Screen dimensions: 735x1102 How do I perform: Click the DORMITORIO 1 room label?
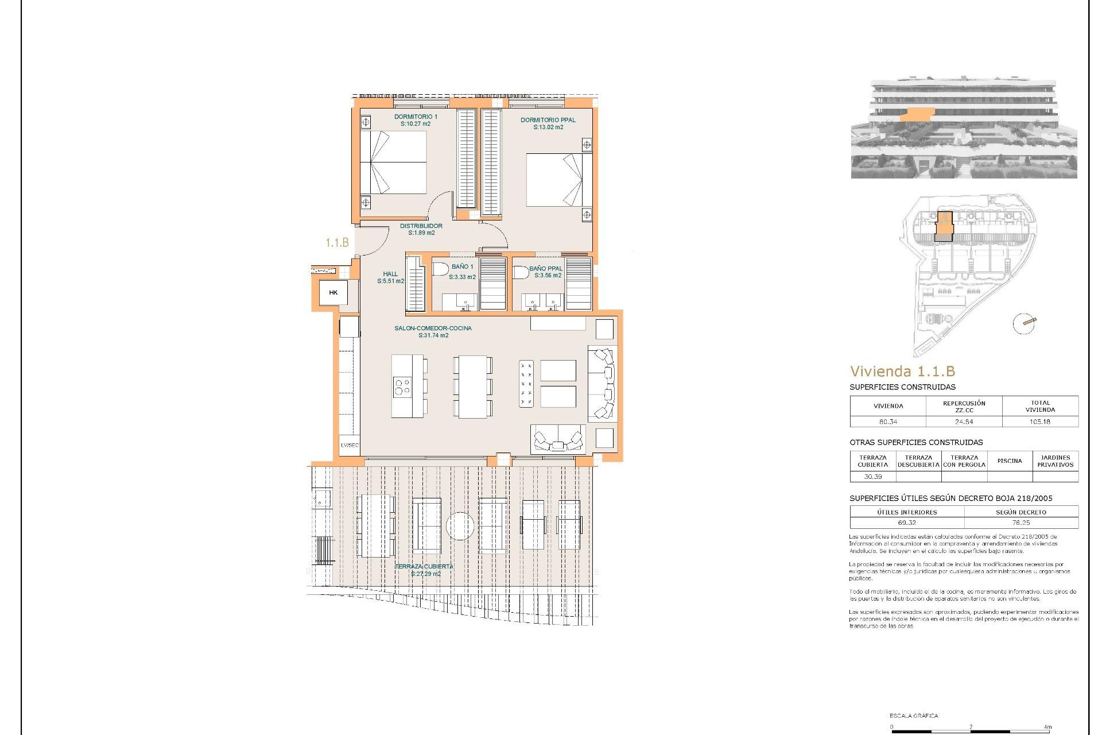pos(416,117)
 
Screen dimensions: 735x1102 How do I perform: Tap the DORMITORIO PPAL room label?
pos(548,120)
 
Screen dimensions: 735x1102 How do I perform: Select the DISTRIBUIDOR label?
pos(421,226)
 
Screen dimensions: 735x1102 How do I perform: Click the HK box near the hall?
pos(333,293)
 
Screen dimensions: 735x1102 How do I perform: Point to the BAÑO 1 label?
pos(462,266)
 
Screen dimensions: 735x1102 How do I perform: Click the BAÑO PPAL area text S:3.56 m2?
pos(548,276)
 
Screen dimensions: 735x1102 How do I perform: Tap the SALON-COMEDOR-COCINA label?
pos(433,328)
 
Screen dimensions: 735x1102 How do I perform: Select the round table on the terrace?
pos(460,526)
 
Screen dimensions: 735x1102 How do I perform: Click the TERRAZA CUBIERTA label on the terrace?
pos(424,566)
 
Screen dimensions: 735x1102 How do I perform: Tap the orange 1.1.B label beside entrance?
pos(337,243)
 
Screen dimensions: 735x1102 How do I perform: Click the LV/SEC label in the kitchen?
pos(350,445)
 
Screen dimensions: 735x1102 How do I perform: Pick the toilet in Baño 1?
pos(441,269)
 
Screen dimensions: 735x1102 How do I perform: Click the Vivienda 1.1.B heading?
pos(902,372)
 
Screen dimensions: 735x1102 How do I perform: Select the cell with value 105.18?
pos(1039,421)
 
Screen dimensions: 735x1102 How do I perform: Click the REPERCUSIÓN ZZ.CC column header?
pos(964,407)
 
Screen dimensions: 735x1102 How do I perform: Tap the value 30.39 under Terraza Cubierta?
pos(872,477)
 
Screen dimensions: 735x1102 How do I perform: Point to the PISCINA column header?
pos(1009,461)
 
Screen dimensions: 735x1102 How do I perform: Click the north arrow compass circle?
pos(1025,323)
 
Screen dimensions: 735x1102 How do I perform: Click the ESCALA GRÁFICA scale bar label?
pos(914,715)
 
